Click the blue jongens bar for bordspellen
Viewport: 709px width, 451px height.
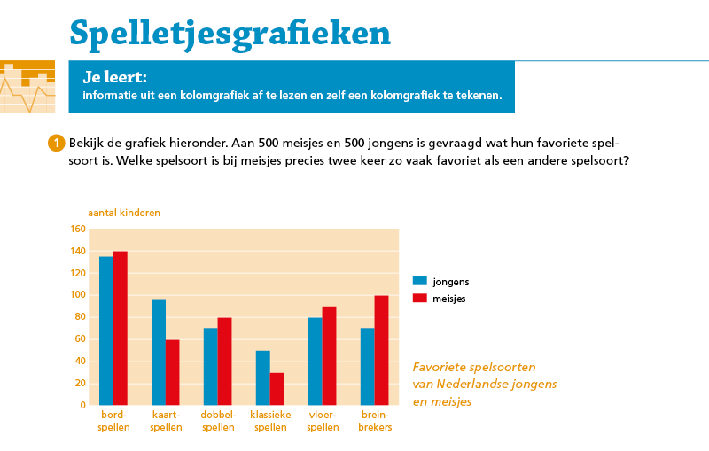[x=106, y=330]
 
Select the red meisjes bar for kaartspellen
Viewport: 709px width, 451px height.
[x=172, y=372]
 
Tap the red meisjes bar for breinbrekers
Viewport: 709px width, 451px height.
[x=382, y=350]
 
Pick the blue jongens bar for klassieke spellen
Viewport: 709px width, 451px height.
[x=263, y=377]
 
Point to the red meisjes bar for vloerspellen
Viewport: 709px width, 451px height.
[x=329, y=355]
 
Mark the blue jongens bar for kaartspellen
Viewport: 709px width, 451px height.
[x=159, y=353]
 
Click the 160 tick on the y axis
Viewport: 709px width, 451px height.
[x=77, y=229]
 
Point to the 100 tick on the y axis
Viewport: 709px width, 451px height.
[x=77, y=295]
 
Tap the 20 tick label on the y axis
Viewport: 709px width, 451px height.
[x=80, y=384]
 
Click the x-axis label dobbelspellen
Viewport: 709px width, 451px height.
[x=217, y=421]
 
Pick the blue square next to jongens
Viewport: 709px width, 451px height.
[x=420, y=281]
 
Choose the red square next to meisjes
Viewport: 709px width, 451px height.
[x=420, y=298]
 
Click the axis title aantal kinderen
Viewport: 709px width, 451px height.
[x=123, y=213]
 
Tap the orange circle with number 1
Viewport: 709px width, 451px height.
[x=56, y=143]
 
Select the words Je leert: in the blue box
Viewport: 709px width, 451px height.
[x=115, y=77]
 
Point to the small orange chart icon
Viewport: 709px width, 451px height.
[x=27, y=87]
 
